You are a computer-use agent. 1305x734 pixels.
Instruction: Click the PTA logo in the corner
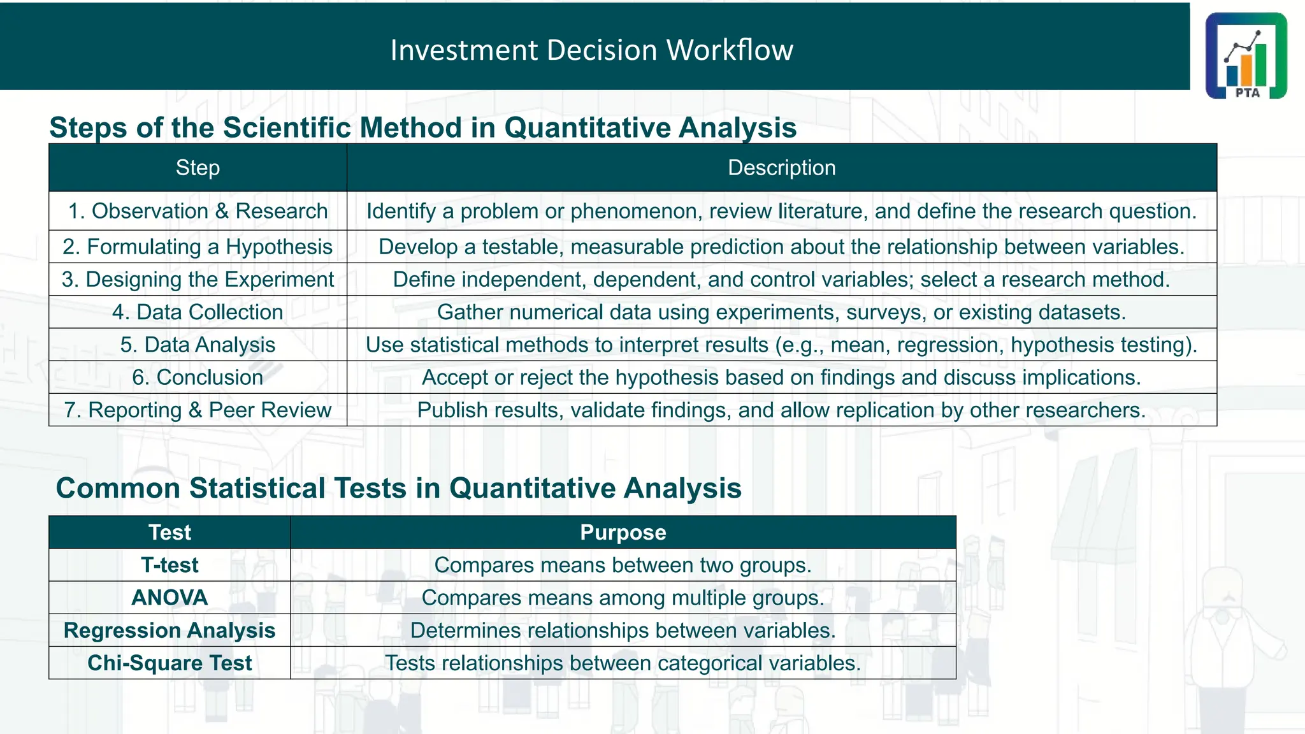pyautogui.click(x=1246, y=55)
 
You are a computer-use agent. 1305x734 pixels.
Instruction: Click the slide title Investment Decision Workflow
pyautogui.click(x=591, y=50)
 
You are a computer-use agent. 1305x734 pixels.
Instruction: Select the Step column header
pyautogui.click(x=198, y=168)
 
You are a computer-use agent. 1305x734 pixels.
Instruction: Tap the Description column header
pyautogui.click(x=781, y=168)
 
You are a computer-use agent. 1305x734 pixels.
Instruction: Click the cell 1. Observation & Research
pyautogui.click(x=198, y=211)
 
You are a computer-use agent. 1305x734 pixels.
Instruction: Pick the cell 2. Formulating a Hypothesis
pyautogui.click(x=198, y=247)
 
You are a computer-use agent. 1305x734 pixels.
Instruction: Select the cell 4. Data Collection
pyautogui.click(x=198, y=312)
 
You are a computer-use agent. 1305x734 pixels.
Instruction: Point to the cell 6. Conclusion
pyautogui.click(x=198, y=377)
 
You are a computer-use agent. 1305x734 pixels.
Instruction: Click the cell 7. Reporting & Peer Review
pyautogui.click(x=198, y=410)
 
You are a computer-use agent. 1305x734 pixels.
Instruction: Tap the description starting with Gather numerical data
pyautogui.click(x=781, y=312)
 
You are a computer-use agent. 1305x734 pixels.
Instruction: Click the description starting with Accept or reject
pyautogui.click(x=781, y=377)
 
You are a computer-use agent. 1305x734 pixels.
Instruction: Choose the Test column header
pyautogui.click(x=169, y=532)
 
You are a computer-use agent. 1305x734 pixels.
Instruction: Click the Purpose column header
pyautogui.click(x=623, y=532)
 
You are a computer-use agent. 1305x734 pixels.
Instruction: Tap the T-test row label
pyautogui.click(x=169, y=565)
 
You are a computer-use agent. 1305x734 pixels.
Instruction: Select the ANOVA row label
pyautogui.click(x=169, y=598)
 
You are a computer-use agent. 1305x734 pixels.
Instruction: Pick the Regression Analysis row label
pyautogui.click(x=169, y=630)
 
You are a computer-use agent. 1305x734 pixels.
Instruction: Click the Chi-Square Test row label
pyautogui.click(x=169, y=663)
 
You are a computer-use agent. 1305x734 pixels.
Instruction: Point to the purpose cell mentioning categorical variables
pyautogui.click(x=623, y=663)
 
